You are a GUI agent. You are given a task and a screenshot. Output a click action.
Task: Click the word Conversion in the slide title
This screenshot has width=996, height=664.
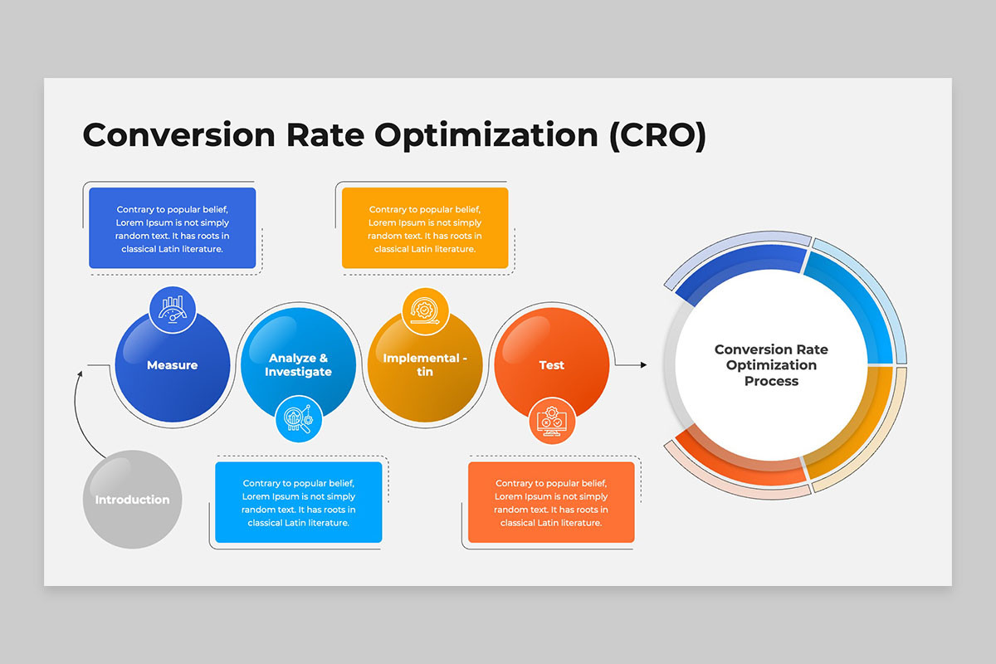(x=178, y=134)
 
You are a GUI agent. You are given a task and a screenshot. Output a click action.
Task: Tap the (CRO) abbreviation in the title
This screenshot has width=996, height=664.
(x=658, y=135)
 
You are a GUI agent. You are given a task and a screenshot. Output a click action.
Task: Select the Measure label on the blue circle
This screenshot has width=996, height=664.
(x=172, y=365)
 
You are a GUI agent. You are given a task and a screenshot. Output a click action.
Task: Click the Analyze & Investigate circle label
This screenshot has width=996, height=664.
(x=298, y=364)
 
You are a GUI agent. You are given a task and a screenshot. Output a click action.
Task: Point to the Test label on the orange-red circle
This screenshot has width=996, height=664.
(x=551, y=365)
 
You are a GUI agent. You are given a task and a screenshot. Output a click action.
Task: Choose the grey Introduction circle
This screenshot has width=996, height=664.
(x=133, y=499)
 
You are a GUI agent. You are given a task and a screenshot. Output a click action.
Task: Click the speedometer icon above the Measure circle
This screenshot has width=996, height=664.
(x=173, y=310)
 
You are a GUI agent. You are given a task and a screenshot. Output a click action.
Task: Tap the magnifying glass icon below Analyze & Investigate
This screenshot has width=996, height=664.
(x=299, y=419)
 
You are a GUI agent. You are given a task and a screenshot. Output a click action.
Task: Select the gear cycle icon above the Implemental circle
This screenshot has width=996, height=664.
(x=425, y=310)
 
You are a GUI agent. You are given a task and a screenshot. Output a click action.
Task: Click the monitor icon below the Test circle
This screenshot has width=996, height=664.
(x=552, y=421)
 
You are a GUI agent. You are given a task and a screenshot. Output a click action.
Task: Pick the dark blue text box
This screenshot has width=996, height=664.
(x=173, y=227)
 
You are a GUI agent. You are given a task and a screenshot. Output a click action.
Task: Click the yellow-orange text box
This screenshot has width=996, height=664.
(x=425, y=227)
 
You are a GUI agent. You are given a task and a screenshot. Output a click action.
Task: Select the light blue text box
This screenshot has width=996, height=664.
(x=298, y=502)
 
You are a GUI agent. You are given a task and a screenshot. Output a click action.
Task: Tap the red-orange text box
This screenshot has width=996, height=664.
(x=551, y=502)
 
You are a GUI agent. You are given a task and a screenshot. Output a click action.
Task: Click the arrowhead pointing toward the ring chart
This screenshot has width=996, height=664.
(x=643, y=364)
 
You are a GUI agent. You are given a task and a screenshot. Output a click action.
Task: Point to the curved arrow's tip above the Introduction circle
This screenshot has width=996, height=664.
(x=81, y=373)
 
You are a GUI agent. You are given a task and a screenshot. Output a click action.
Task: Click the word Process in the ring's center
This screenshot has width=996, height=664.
(x=771, y=381)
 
